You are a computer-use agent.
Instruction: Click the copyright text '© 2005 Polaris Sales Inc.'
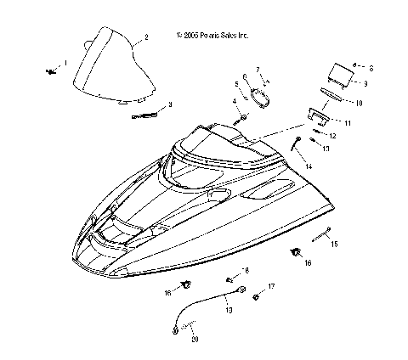point(212,37)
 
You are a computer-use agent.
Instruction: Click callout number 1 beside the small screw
point(65,63)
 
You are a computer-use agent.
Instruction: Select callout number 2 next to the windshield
point(146,37)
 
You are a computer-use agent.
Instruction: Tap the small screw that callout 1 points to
point(51,72)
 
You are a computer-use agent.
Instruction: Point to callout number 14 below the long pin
point(308,167)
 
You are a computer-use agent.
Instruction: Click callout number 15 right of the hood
point(335,244)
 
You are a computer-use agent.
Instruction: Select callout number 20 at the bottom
point(195,339)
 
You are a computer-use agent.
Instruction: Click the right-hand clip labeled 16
point(297,252)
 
